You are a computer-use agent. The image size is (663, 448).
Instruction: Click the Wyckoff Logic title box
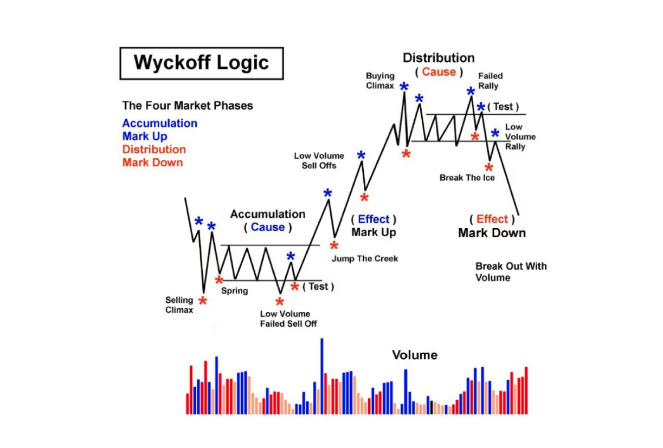click(x=201, y=63)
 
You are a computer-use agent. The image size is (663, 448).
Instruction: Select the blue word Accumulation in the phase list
click(x=159, y=124)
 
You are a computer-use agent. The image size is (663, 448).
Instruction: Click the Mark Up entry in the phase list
click(x=145, y=137)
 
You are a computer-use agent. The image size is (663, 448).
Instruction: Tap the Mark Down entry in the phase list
click(x=152, y=163)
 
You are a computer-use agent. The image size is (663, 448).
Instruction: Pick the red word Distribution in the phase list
click(x=154, y=150)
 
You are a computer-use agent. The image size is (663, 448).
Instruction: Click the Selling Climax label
click(x=179, y=305)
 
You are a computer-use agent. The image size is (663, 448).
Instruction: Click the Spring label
click(x=234, y=291)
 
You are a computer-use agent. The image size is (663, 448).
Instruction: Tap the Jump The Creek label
click(x=365, y=259)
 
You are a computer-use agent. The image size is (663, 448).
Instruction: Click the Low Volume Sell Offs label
click(x=319, y=161)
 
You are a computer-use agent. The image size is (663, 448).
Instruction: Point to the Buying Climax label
click(x=379, y=81)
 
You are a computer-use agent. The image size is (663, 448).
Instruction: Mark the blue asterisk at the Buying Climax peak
click(x=404, y=87)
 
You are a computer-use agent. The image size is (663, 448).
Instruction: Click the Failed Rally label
click(x=490, y=81)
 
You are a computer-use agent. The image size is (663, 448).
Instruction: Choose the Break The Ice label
click(x=467, y=178)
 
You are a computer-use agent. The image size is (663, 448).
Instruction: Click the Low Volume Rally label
click(x=520, y=137)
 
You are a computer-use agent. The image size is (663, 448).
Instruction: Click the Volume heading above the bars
click(x=414, y=355)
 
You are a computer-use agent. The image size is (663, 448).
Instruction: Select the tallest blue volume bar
click(x=321, y=376)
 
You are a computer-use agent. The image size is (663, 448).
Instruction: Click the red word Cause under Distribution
click(x=439, y=72)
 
